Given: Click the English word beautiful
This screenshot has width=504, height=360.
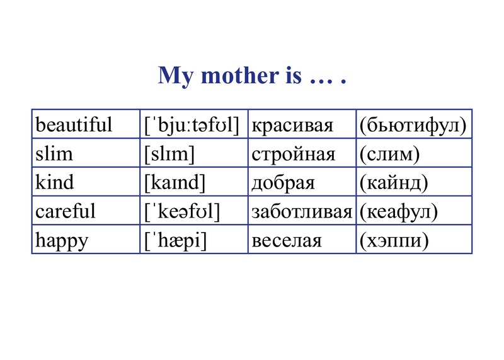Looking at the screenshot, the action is point(74,124).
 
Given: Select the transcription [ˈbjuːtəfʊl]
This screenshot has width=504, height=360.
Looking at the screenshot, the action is point(192,125).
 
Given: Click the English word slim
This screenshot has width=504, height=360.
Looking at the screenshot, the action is point(54,153).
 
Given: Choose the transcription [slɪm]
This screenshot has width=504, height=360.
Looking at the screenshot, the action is point(169,154).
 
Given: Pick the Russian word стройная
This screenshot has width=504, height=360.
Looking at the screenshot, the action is point(294,154).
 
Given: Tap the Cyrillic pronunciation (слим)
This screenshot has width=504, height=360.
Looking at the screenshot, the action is point(389,154).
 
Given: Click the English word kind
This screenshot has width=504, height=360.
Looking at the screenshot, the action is point(55,182).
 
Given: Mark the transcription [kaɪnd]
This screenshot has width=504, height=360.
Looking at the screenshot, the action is point(175,183).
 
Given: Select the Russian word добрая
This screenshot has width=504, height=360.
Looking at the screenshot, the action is point(283,183).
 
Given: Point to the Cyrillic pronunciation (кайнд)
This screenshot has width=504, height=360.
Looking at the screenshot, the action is point(394,183).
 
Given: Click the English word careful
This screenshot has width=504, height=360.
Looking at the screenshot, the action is point(66,211).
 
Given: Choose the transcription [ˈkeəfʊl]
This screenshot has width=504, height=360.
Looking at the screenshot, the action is point(182,212).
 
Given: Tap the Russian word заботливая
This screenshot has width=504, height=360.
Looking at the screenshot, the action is point(302,212).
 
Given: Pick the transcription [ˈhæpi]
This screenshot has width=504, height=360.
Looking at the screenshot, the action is point(175,241).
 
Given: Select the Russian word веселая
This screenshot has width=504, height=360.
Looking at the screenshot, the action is point(287,241).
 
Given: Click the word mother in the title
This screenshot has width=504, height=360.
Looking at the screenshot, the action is point(240,76).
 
